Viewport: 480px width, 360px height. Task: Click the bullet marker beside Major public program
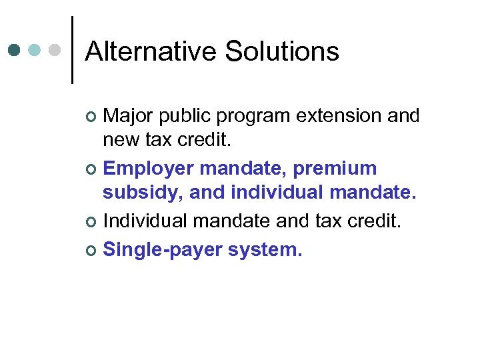92,117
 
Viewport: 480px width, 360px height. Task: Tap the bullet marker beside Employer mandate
92,169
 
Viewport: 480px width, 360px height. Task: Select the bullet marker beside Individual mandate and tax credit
92,222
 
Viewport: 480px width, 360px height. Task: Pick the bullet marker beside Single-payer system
92,250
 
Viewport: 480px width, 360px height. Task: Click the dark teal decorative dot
15,50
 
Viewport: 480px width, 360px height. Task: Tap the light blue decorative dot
35,50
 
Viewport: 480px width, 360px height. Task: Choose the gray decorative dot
56,50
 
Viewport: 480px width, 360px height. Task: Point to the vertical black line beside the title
72,50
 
